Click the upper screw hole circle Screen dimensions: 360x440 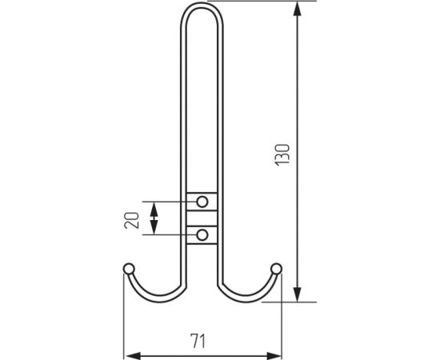[x=202, y=200]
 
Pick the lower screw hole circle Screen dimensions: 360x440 [x=202, y=234]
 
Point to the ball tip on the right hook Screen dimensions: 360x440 [x=277, y=267]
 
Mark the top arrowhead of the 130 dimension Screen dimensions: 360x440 [x=298, y=10]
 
